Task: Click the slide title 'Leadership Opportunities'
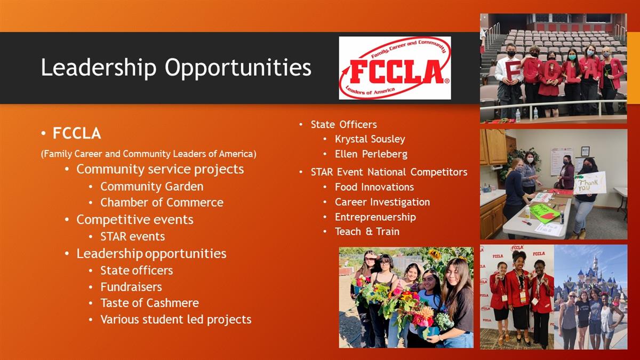pyautogui.click(x=176, y=67)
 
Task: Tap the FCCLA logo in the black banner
pyautogui.click(x=395, y=68)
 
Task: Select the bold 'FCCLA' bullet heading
pyautogui.click(x=77, y=133)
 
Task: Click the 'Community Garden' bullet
pyautogui.click(x=151, y=187)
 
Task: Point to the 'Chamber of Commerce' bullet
pyautogui.click(x=162, y=203)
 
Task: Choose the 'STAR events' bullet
pyautogui.click(x=133, y=237)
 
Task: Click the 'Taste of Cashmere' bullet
pyautogui.click(x=149, y=303)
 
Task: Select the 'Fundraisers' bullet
pyautogui.click(x=131, y=287)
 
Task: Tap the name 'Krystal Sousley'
pyautogui.click(x=370, y=139)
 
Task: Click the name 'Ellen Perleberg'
pyautogui.click(x=371, y=154)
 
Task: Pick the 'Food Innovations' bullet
pyautogui.click(x=374, y=187)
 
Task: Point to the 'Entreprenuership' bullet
pyautogui.click(x=375, y=217)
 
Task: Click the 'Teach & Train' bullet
pyautogui.click(x=367, y=231)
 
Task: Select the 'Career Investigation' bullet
pyautogui.click(x=382, y=202)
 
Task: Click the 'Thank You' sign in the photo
pyautogui.click(x=590, y=183)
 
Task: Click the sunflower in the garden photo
pyautogui.click(x=435, y=254)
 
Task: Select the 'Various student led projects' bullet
pyautogui.click(x=175, y=319)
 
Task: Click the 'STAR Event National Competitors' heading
pyautogui.click(x=389, y=172)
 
